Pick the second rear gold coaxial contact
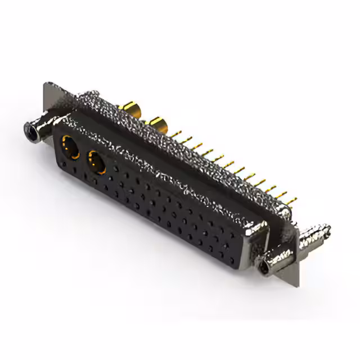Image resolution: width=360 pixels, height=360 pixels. click(157, 122)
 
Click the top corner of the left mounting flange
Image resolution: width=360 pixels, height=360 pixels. click(46, 84)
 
